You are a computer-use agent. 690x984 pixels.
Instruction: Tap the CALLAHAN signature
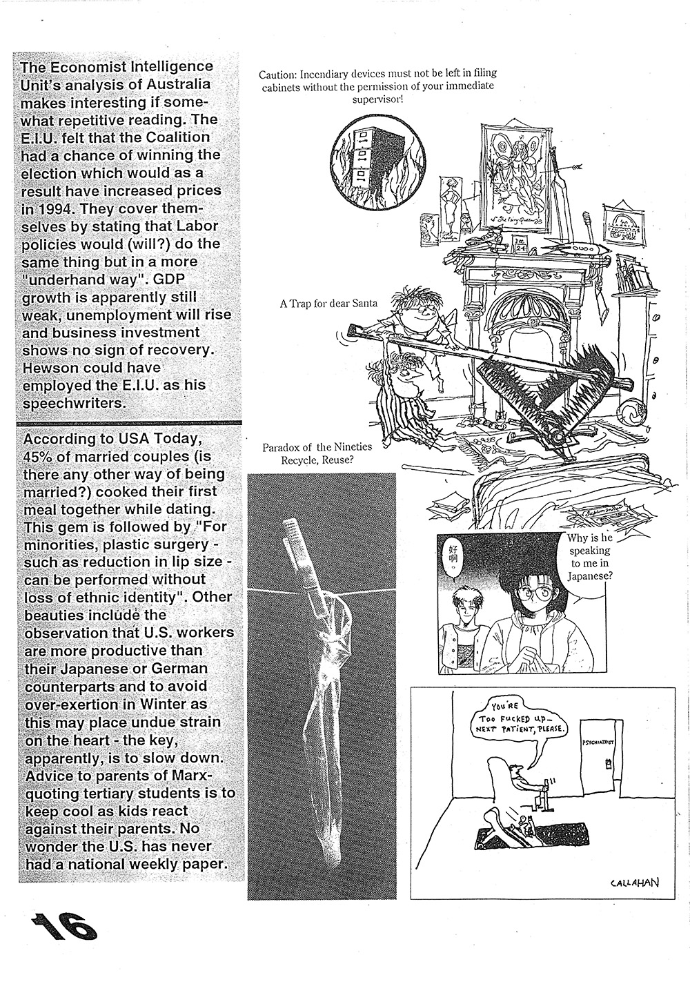631,881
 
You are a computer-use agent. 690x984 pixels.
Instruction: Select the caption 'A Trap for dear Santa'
328,303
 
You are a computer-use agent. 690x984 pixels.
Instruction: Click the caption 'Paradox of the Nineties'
317,446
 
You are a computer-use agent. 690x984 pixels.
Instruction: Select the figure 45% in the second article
41,456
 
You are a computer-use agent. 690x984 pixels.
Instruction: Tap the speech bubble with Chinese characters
453,558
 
